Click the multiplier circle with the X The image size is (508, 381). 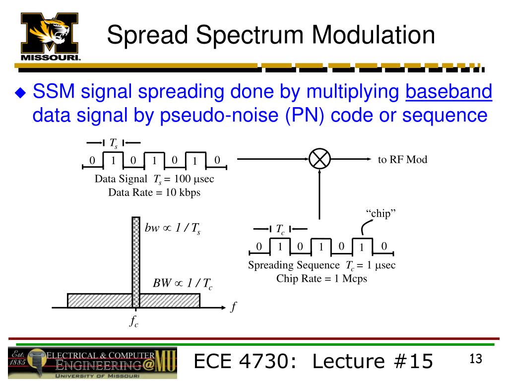pos(319,159)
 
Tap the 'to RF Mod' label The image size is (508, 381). pos(402,159)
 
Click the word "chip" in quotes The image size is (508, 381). pos(382,213)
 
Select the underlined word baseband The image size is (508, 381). pos(448,92)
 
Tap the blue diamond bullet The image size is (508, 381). pos(20,93)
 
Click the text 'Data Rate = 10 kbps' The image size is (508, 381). pos(154,192)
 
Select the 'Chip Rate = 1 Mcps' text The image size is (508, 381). pos(321,278)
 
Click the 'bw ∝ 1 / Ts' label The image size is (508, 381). pos(172,229)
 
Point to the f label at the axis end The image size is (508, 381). pos(234,307)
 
